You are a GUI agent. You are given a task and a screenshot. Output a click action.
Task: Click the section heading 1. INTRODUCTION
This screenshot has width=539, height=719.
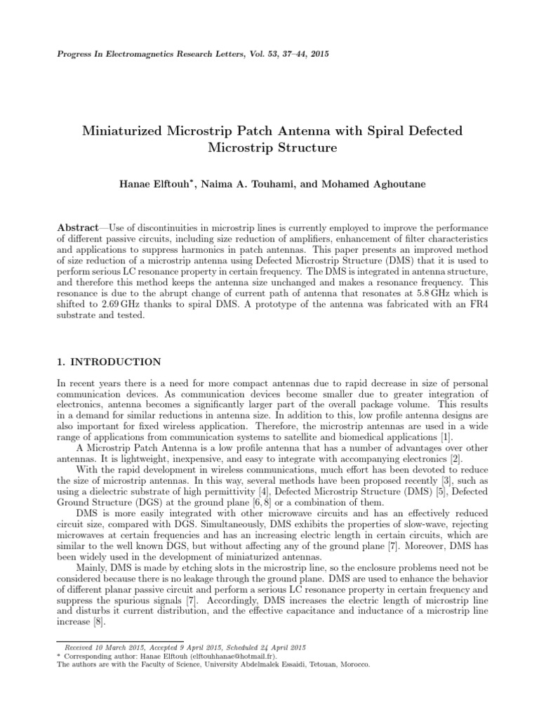coord(109,362)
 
